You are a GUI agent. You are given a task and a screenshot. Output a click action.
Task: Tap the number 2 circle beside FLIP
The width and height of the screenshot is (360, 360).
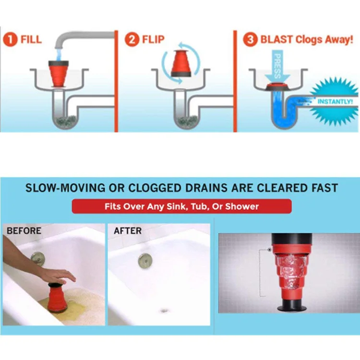tap(132, 39)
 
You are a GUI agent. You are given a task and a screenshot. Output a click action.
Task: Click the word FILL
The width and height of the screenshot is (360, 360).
tap(31, 39)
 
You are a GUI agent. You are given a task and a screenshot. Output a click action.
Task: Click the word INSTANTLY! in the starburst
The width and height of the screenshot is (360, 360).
tap(335, 102)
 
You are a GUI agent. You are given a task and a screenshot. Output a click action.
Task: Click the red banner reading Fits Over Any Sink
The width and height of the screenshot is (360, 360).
tap(181, 207)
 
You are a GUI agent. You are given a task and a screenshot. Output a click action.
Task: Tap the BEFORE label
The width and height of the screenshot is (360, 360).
tap(24, 231)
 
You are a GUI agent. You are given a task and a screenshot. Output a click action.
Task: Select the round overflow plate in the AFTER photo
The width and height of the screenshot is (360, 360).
tap(144, 261)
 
